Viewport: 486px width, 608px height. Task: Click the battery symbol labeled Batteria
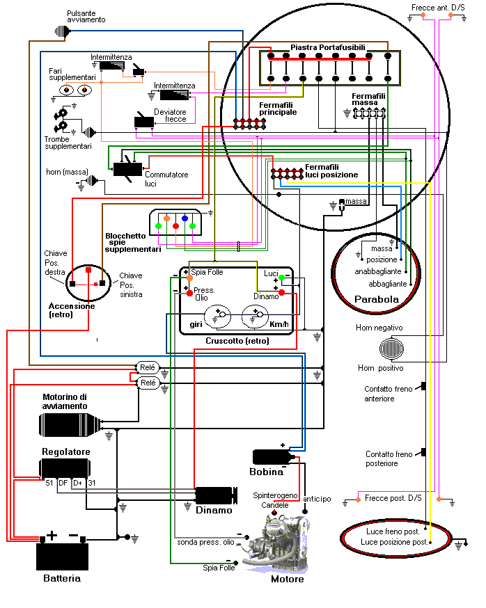(x=62, y=554)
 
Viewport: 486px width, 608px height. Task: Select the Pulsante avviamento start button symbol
(x=63, y=31)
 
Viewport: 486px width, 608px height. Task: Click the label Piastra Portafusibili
(x=327, y=47)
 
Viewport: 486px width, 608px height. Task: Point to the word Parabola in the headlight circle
(x=377, y=300)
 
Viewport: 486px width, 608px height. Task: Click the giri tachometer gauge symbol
(x=222, y=314)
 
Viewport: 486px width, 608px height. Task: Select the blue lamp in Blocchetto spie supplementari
(x=185, y=218)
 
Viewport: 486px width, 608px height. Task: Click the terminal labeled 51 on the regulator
(x=49, y=482)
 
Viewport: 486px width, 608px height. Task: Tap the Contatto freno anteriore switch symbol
(x=423, y=387)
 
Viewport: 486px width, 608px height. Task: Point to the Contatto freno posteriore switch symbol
(x=423, y=453)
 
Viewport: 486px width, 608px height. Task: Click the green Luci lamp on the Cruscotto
(x=281, y=278)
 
